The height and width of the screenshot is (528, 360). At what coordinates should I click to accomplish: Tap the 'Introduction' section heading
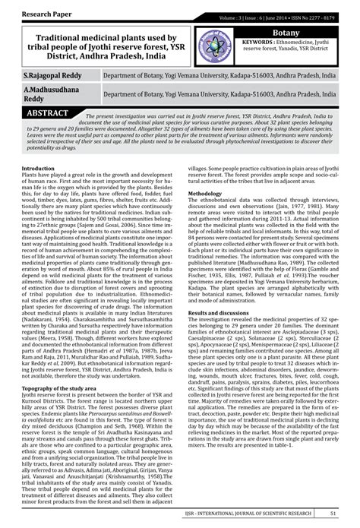pyautogui.click(x=39, y=167)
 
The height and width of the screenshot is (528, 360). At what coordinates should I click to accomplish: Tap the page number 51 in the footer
pyautogui.click(x=333, y=514)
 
